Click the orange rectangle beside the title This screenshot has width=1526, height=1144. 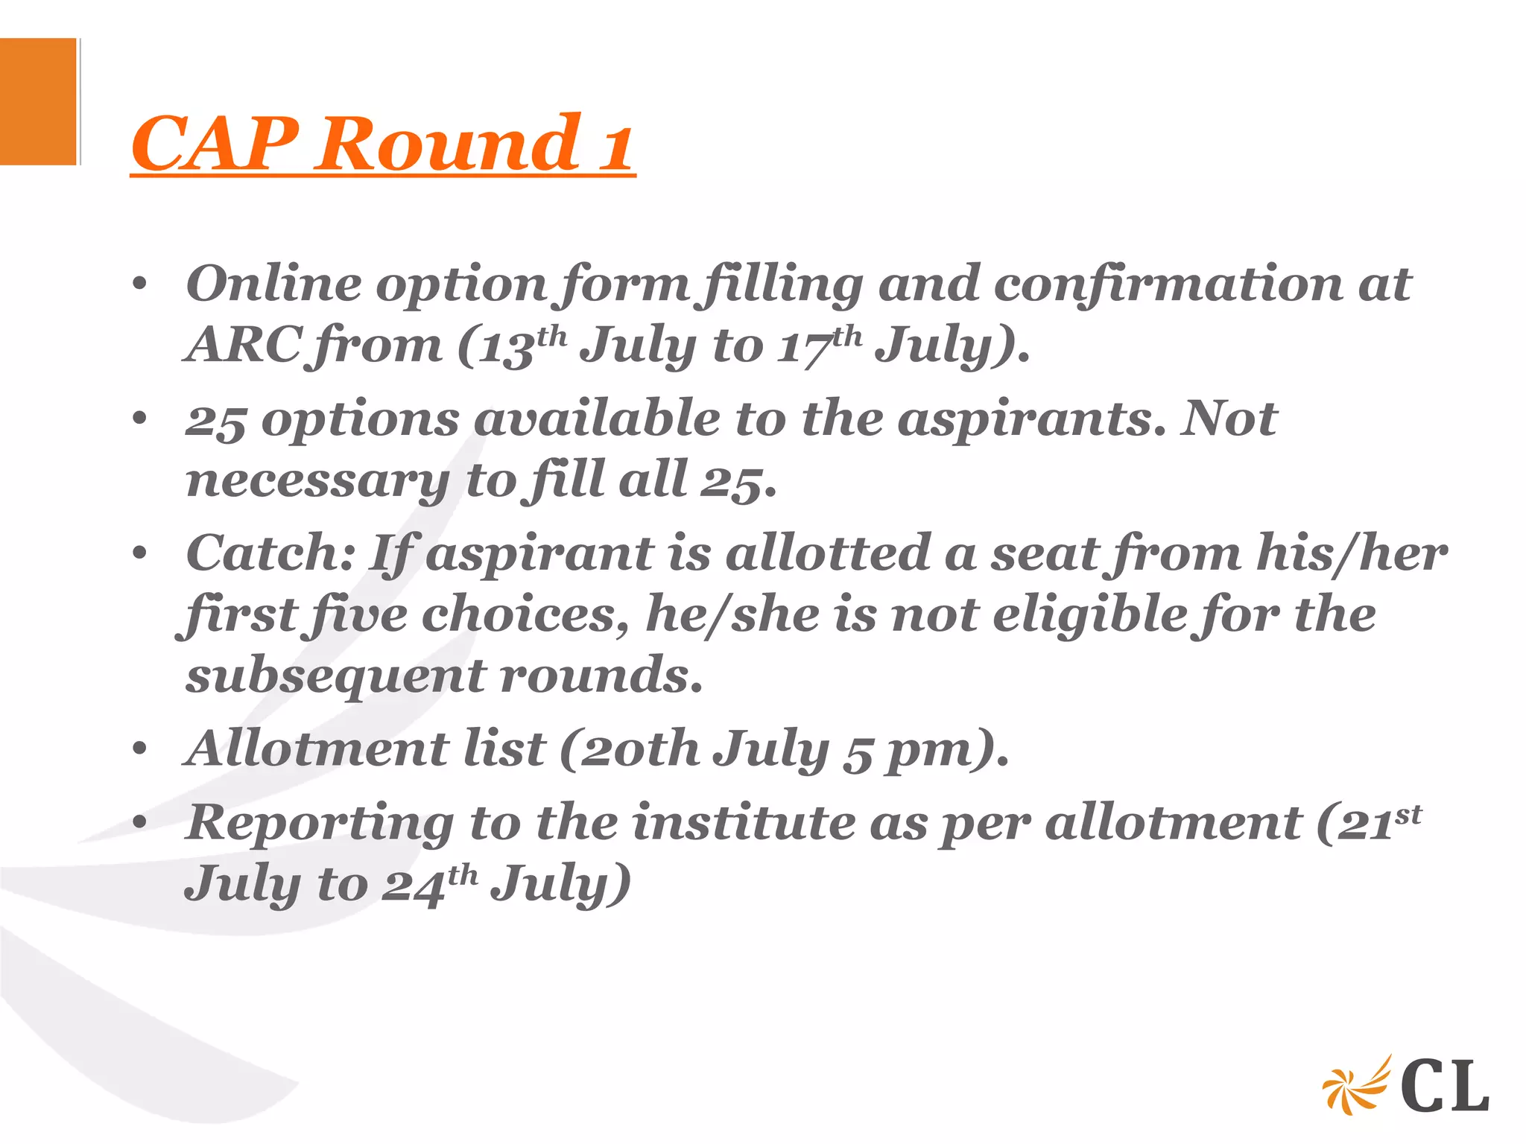coord(38,101)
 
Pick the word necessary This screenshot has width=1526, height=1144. coord(317,481)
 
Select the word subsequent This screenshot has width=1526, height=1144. coord(335,676)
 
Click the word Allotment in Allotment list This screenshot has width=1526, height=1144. coord(317,748)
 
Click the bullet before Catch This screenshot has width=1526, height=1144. coord(139,554)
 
